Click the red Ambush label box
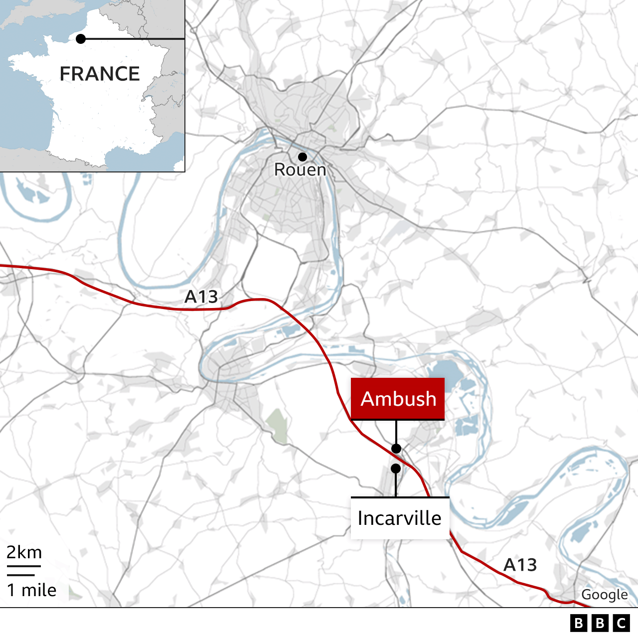tap(398, 399)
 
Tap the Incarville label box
tap(400, 518)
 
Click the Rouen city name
tap(300, 170)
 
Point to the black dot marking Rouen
tap(303, 157)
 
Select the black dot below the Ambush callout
tap(396, 448)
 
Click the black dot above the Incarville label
tap(396, 469)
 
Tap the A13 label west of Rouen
tap(201, 297)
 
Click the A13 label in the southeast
tap(520, 565)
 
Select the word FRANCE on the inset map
tap(100, 74)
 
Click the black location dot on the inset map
tap(81, 39)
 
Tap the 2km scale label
tap(24, 552)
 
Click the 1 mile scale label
tap(31, 590)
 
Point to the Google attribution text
tap(604, 595)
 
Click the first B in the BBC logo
tap(578, 623)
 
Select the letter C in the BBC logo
tap(622, 623)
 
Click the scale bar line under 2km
tap(23, 567)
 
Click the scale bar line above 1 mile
tap(20, 575)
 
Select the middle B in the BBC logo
tap(600, 623)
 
